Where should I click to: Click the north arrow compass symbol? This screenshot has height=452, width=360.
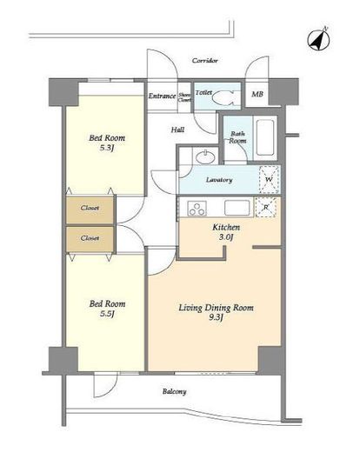[x=319, y=39]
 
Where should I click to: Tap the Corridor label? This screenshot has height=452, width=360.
[x=205, y=61]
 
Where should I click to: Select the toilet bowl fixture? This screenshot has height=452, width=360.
[x=223, y=97]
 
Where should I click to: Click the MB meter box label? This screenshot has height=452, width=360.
[x=257, y=94]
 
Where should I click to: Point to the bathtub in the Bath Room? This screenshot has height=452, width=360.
[x=265, y=137]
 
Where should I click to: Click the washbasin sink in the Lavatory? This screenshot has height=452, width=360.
[x=205, y=157]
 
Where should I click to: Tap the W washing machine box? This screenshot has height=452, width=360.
[x=269, y=180]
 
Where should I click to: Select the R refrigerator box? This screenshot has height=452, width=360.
[x=266, y=207]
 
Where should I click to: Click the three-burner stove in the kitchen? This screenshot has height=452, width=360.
[x=197, y=209]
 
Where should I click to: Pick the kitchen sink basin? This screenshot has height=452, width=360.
[x=237, y=208]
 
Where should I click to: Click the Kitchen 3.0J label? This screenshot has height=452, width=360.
[x=226, y=232]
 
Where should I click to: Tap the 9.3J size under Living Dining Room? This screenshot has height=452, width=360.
[x=216, y=318]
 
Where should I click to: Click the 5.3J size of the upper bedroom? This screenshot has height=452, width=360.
[x=107, y=148]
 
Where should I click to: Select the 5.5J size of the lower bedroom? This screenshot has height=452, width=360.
[x=107, y=314]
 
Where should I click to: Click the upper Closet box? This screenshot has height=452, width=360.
[x=90, y=209]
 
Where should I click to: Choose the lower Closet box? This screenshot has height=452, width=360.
[x=90, y=239]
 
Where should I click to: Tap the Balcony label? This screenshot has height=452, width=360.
[x=174, y=392]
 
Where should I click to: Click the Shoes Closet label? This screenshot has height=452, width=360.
[x=184, y=97]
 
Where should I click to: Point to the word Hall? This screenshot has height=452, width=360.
[x=177, y=130]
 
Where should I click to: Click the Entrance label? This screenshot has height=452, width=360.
[x=162, y=96]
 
